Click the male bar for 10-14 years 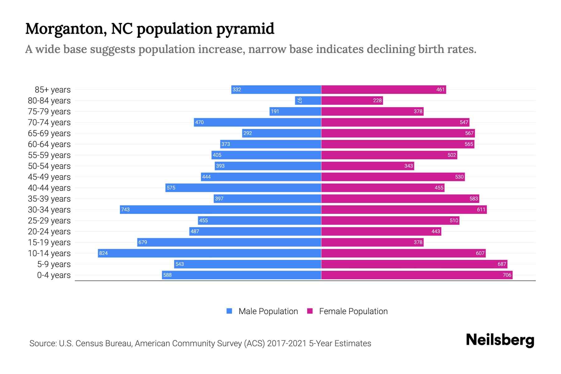tap(209, 253)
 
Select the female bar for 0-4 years tap(417, 275)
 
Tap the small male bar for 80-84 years tap(308, 100)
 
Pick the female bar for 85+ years tap(383, 89)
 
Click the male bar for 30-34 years tap(220, 209)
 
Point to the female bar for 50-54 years tap(367, 166)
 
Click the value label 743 tap(125, 209)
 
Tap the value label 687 tap(502, 264)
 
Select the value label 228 tap(377, 100)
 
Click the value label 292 tap(247, 133)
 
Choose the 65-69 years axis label tap(49, 133)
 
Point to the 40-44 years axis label tap(49, 188)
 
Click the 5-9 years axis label tap(54, 264)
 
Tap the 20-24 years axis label tap(49, 232)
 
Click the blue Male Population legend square tap(229, 311)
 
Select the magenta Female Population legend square tap(310, 311)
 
